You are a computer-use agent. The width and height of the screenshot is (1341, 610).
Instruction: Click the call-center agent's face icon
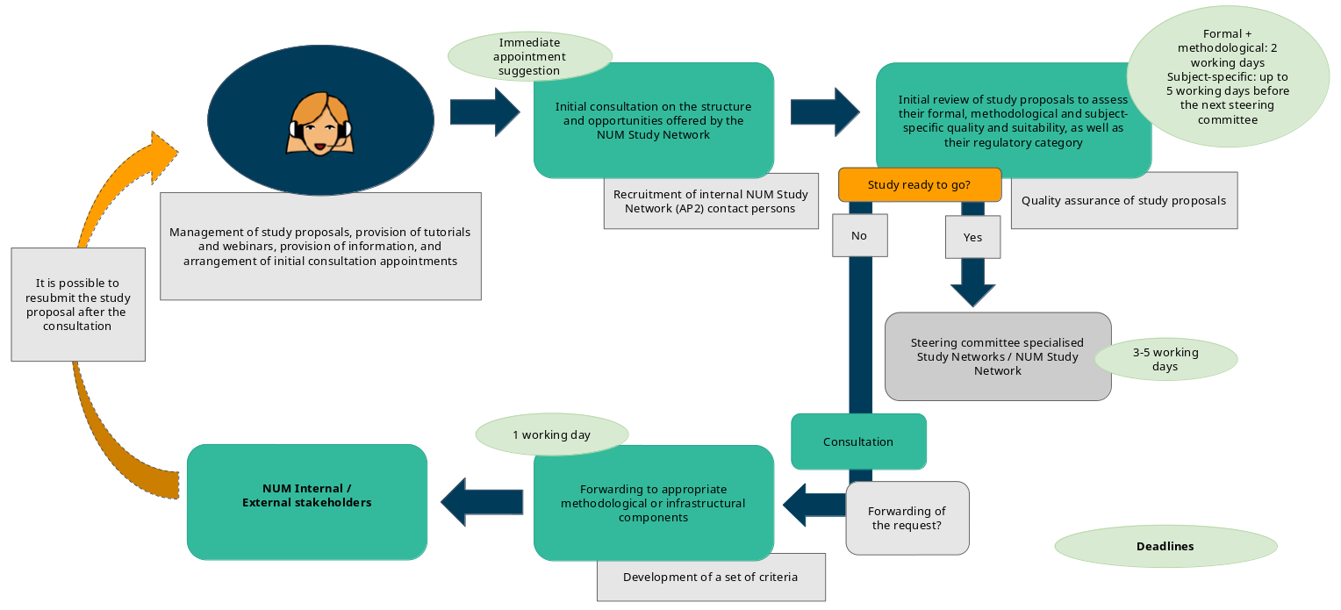[321, 124]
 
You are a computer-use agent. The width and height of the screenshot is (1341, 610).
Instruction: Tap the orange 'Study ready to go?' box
[919, 185]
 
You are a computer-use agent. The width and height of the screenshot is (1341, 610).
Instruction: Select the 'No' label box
[859, 235]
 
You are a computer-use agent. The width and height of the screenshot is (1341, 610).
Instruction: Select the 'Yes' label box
[972, 237]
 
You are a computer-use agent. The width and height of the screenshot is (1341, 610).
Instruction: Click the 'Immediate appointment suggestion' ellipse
[529, 56]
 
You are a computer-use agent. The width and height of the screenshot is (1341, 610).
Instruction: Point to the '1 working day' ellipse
[551, 434]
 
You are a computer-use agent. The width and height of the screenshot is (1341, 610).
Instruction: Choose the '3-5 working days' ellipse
[1165, 359]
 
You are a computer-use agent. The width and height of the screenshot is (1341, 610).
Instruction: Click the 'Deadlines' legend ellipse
[1165, 546]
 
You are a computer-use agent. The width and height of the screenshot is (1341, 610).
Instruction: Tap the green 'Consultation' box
[858, 441]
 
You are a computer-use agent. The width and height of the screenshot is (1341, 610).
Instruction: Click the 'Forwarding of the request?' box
[907, 518]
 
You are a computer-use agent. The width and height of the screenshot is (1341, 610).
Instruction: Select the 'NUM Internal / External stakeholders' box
[307, 502]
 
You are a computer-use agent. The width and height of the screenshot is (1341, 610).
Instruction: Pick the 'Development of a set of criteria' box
[711, 577]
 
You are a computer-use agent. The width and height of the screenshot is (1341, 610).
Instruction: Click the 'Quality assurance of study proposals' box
[1123, 200]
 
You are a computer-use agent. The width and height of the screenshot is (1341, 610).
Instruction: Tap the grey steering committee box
[997, 356]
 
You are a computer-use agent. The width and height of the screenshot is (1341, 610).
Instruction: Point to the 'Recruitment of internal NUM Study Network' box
[711, 202]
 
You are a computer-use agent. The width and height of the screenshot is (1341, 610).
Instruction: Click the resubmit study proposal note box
[78, 305]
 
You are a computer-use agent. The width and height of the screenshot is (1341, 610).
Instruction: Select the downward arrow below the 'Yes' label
[972, 286]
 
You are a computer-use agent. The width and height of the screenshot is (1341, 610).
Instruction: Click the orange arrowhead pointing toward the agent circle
[161, 157]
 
